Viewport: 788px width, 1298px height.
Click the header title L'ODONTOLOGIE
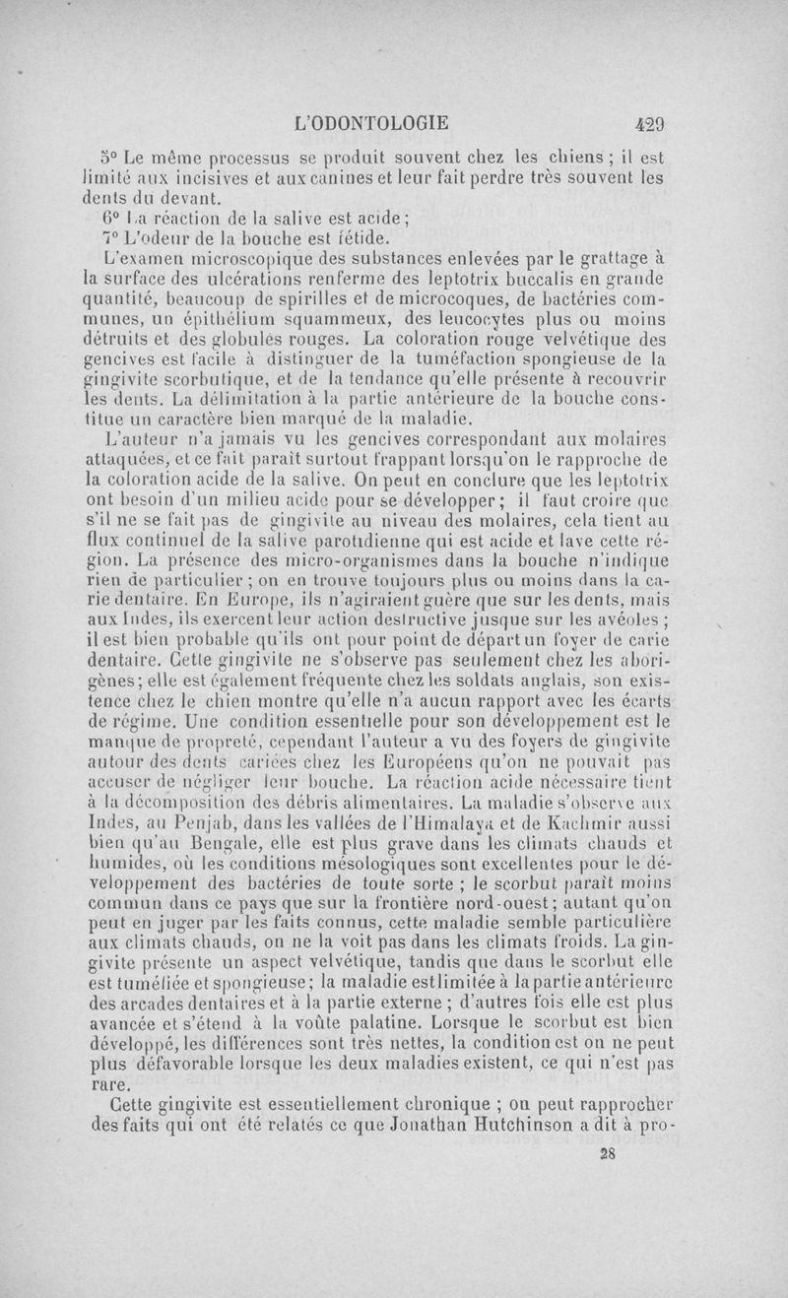coord(371,124)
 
